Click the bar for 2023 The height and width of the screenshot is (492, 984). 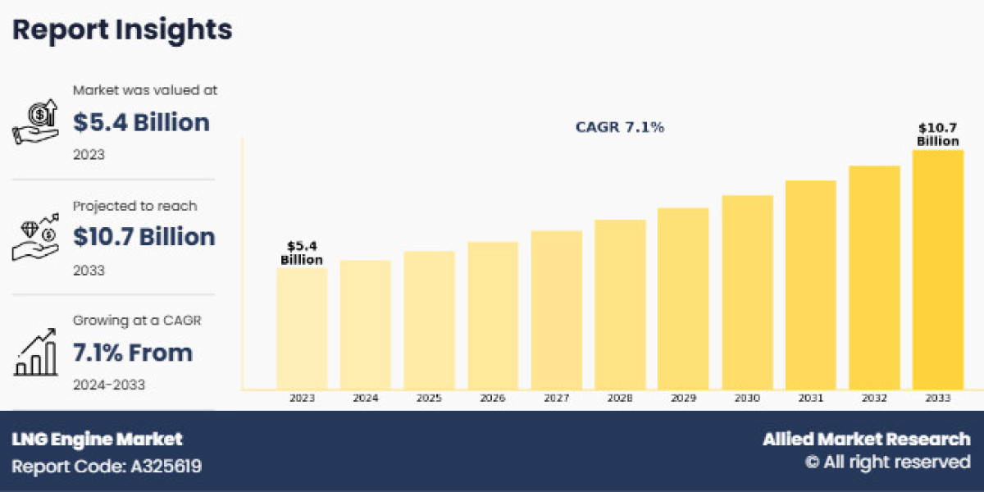pos(302,328)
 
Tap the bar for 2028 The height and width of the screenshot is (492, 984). pos(620,304)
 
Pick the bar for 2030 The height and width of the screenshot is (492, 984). pos(747,292)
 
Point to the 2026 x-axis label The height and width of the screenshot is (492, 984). pos(493,399)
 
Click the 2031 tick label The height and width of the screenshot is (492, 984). pos(810,399)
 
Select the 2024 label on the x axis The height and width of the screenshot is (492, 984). pos(366,399)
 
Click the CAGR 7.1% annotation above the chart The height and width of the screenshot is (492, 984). pos(619,128)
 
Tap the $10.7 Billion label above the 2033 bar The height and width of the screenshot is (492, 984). pos(937,134)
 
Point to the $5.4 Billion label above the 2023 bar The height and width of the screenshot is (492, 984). pos(302,253)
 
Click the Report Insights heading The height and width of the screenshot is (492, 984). pos(122,30)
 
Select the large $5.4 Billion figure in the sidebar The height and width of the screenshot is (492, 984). pos(141,123)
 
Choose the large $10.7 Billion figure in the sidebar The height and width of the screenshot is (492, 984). pos(144,237)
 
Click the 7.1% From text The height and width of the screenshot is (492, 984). pos(133,353)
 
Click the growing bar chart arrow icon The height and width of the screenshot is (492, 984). pos(34,353)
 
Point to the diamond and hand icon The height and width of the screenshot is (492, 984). pos(34,238)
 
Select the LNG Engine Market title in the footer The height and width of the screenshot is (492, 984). pos(97,440)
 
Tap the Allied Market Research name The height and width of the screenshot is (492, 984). pos(866,440)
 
